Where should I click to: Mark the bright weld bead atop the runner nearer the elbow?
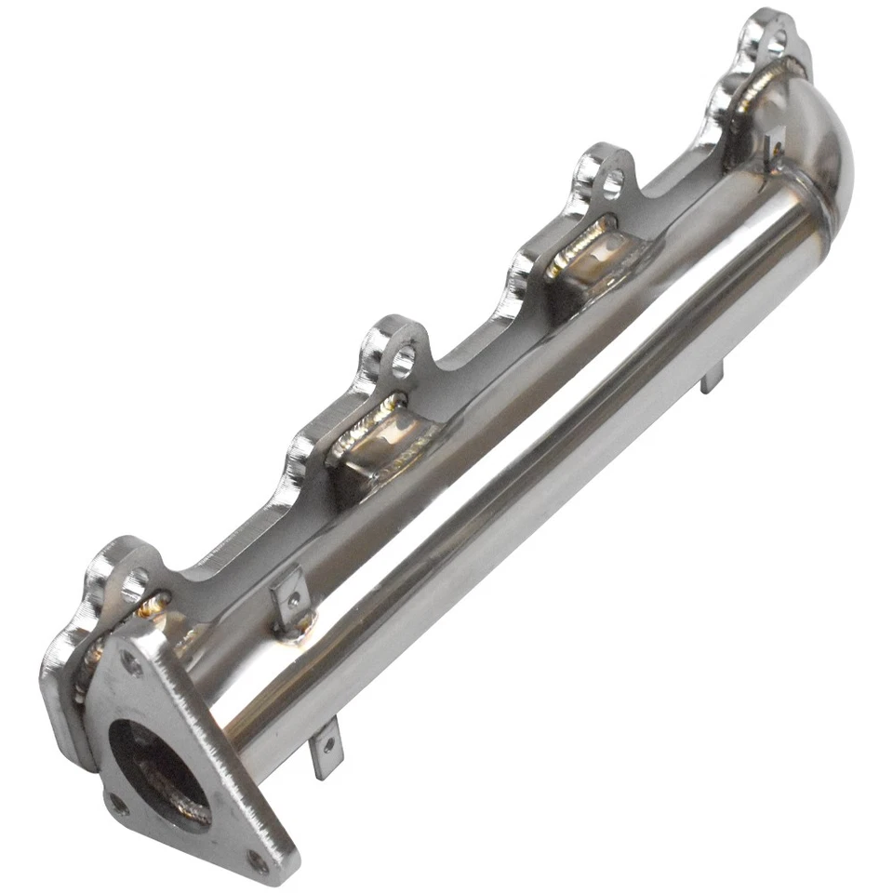(580, 244)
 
